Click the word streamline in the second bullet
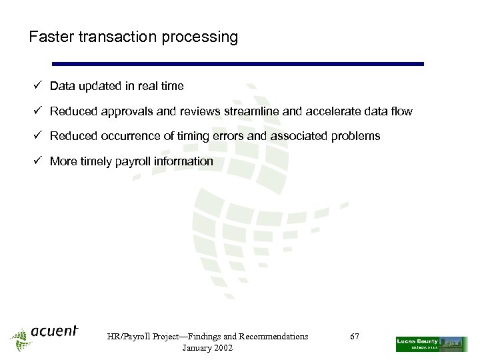coord(254,111)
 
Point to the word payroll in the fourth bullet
coord(134,162)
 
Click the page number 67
coord(355,337)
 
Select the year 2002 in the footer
coord(222,349)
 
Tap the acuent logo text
coord(53,331)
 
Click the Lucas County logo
coord(431,343)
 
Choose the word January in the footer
coord(195,349)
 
